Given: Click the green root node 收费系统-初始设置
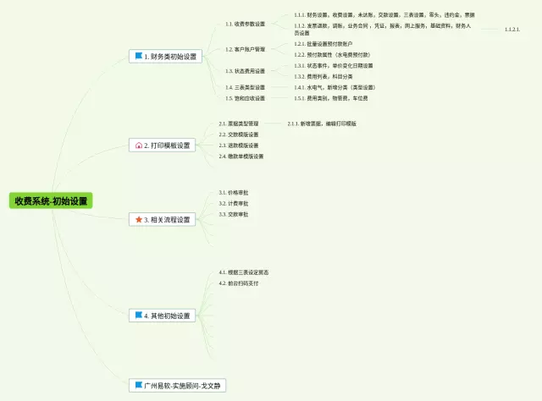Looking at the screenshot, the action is [51, 201].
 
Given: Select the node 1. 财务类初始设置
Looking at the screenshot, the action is [165, 57].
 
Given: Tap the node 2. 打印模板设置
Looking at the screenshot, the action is [163, 146].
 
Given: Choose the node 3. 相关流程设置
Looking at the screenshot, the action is [164, 219].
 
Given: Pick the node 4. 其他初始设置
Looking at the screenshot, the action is [163, 316].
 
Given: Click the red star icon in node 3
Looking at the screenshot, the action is [139, 219].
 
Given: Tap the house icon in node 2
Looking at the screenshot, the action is [139, 146].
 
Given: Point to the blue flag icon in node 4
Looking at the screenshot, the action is [138, 316].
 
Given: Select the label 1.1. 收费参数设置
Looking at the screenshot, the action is [245, 24].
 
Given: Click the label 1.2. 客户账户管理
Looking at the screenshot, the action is [245, 49].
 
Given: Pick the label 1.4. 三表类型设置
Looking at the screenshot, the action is [245, 87].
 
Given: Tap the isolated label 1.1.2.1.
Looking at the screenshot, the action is [512, 30].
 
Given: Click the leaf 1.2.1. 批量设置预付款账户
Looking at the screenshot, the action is [324, 43].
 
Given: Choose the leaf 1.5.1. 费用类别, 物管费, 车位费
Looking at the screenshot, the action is [331, 98].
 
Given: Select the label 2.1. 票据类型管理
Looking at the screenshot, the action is [239, 124].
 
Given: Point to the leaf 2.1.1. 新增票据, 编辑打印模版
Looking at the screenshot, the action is [322, 124].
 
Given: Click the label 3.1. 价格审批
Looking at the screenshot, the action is [233, 193].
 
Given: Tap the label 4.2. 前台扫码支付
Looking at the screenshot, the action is [238, 283].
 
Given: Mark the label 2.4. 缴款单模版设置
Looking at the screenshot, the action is [241, 157].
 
